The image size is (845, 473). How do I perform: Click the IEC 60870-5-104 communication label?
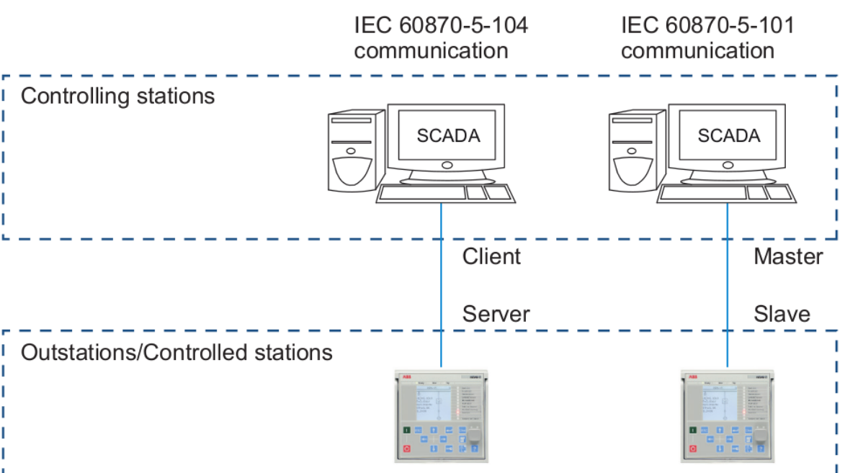tap(440, 37)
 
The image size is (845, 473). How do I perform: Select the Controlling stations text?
tap(117, 96)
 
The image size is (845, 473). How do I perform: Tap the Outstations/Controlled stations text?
tap(176, 353)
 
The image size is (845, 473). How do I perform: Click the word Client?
tap(491, 256)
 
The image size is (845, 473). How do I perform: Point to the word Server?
tap(496, 314)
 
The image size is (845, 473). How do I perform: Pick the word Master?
tap(787, 256)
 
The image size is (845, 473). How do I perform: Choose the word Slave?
tap(782, 314)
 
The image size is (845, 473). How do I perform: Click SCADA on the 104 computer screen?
tap(447, 135)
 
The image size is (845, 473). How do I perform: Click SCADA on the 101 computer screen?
tap(728, 135)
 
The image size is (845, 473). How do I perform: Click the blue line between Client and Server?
tap(441, 288)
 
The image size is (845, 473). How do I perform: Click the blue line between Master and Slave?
tap(727, 288)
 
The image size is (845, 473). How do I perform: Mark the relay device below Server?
tap(442, 416)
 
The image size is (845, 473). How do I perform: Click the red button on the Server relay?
tap(406, 449)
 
